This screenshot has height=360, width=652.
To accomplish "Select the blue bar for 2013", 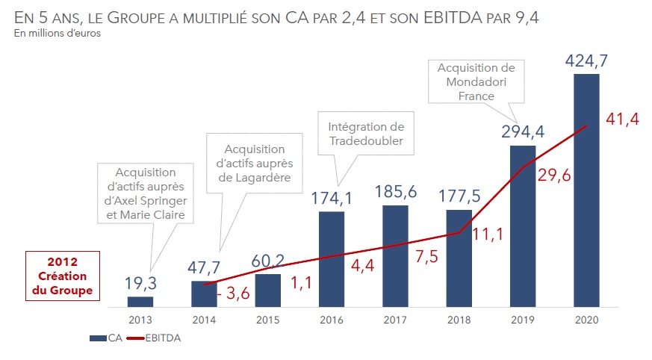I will click(x=140, y=302).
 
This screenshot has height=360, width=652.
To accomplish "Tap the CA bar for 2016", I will click(x=331, y=259).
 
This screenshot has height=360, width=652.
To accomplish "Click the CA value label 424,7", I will click(x=586, y=58).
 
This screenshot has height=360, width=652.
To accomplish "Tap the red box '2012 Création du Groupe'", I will click(x=63, y=276).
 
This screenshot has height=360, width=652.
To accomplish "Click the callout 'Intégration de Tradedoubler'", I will click(x=366, y=134).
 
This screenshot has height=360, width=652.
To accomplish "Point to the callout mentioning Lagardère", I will click(x=254, y=163).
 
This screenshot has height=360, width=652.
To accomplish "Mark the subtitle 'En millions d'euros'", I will click(x=56, y=33).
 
